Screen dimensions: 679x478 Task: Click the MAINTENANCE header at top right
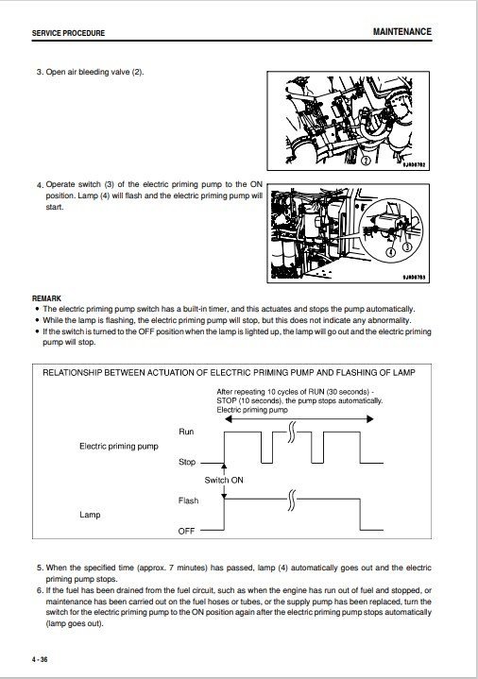click(x=401, y=31)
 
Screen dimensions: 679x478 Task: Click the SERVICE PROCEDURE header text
click(x=68, y=33)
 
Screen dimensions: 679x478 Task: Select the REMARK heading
click(x=47, y=297)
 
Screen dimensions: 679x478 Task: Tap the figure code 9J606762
click(x=413, y=163)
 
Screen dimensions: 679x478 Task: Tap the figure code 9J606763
click(x=413, y=278)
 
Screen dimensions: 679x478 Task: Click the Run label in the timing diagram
click(x=187, y=431)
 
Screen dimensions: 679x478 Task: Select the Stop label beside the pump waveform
click(x=187, y=462)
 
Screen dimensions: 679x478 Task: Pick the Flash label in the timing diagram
click(x=187, y=501)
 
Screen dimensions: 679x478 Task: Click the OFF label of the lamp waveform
click(x=186, y=532)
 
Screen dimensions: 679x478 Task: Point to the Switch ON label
click(x=224, y=481)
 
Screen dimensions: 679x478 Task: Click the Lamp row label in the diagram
click(x=90, y=516)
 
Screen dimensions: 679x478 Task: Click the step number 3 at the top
click(x=40, y=73)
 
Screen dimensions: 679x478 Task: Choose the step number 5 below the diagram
click(x=40, y=569)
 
